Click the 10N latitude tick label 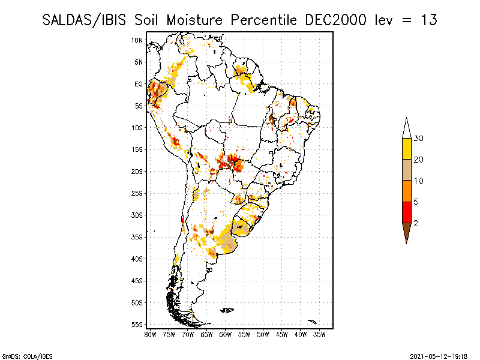click(137, 40)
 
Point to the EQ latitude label click(138, 84)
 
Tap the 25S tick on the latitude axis click(137, 193)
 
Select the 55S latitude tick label click(137, 324)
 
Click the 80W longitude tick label click(150, 334)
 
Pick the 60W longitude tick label click(226, 334)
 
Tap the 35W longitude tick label click(320, 334)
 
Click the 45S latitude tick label click(137, 280)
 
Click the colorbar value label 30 click(419, 139)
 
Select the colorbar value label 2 click(415, 223)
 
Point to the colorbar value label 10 click(419, 181)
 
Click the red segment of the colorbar click(406, 212)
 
